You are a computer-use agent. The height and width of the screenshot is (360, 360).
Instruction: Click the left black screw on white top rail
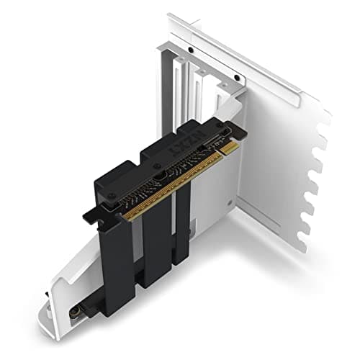click(x=189, y=50)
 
